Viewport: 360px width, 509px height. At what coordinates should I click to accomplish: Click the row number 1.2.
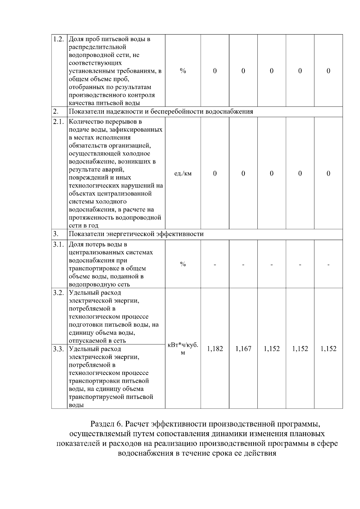pos(58,39)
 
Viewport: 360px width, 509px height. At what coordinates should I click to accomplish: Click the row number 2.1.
pos(58,122)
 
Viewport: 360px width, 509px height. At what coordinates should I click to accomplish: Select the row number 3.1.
pos(58,244)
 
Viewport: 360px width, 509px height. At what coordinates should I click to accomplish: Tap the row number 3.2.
pos(58,293)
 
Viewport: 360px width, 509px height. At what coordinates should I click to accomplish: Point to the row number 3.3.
pos(58,349)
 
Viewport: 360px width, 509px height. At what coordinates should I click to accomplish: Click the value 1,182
pos(215,349)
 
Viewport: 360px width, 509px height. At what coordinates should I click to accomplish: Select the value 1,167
pos(243,349)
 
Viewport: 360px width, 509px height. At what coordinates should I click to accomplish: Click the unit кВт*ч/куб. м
pos(183,349)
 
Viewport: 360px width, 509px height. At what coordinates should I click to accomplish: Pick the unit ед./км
pos(183,173)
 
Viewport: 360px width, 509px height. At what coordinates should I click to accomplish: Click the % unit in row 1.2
pos(183,71)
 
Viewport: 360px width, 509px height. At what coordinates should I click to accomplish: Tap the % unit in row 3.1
pos(183,264)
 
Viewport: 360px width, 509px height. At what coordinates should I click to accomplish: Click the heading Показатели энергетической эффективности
pos(136,234)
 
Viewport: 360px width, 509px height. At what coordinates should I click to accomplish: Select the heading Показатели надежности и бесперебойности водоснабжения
pos(161,112)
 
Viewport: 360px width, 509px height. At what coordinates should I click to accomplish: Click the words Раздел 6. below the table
pos(106,424)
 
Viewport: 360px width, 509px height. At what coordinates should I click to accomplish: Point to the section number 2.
pos(55,112)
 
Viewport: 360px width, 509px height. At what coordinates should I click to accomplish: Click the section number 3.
pos(55,234)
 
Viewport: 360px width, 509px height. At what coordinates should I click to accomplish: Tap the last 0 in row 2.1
pos(328,173)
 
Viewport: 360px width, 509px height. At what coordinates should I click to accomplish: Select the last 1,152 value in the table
pos(328,349)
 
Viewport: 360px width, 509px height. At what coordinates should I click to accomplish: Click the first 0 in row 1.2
pos(215,71)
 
